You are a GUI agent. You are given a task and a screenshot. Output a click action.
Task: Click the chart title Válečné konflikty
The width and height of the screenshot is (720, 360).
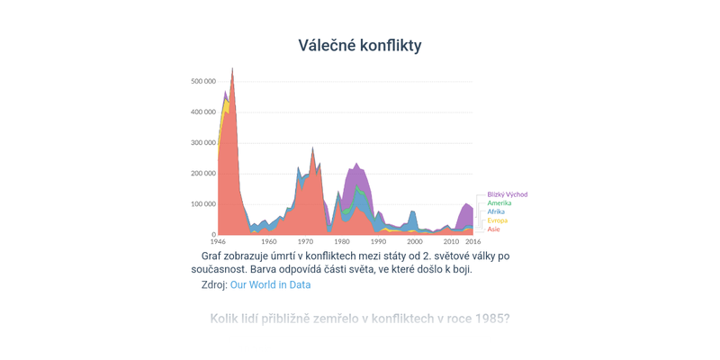click(x=360, y=45)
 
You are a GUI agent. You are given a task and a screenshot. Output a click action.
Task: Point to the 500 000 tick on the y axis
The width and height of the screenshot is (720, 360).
click(x=202, y=82)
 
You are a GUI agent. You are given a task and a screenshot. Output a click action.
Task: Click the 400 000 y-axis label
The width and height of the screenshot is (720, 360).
click(x=202, y=112)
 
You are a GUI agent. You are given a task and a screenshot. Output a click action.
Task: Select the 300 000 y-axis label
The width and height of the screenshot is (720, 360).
click(x=202, y=143)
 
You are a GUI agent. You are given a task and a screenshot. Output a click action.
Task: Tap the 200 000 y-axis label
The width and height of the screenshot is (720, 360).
click(x=202, y=174)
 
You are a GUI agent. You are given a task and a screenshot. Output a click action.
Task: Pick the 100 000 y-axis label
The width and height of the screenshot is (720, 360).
click(x=202, y=204)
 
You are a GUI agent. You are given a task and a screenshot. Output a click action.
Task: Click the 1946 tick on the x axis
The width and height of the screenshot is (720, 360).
click(x=219, y=242)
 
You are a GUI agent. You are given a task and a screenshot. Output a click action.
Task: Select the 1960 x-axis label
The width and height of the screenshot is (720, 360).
click(x=269, y=242)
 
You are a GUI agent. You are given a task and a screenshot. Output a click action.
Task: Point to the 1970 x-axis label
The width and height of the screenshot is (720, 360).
click(x=306, y=242)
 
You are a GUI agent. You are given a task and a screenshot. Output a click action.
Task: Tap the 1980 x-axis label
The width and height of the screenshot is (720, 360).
click(x=342, y=242)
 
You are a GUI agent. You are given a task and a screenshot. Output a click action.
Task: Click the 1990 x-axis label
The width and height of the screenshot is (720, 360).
click(x=378, y=242)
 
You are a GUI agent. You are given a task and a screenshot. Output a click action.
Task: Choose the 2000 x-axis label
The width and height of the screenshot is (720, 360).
click(x=414, y=242)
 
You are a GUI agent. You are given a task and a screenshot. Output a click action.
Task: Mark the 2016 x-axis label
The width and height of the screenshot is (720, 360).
click(x=472, y=242)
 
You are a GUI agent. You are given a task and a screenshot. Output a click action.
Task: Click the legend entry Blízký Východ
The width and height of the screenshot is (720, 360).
click(x=507, y=194)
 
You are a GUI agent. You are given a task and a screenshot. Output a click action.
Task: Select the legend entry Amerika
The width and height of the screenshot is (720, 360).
click(x=499, y=203)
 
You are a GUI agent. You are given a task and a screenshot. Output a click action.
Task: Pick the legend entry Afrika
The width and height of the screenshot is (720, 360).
click(x=496, y=211)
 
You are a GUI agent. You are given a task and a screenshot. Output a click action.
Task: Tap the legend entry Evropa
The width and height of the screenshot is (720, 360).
click(x=497, y=220)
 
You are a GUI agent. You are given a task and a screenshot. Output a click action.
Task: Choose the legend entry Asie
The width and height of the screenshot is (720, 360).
click(x=494, y=229)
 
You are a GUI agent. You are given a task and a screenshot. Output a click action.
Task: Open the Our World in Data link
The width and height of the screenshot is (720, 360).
click(x=270, y=284)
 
